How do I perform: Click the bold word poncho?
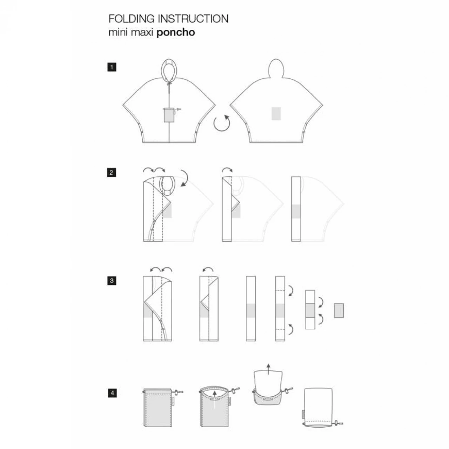(x=175, y=33)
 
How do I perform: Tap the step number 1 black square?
(x=112, y=67)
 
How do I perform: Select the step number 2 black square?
(x=112, y=173)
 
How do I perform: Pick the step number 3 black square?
(x=112, y=281)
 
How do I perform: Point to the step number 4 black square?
(x=112, y=393)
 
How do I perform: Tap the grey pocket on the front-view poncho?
(x=169, y=115)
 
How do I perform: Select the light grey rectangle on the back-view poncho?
(x=276, y=114)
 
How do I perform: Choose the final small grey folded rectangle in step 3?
(x=339, y=311)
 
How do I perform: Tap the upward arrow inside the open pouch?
(x=214, y=398)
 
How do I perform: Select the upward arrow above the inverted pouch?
(x=268, y=369)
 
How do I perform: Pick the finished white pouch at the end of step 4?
(x=318, y=406)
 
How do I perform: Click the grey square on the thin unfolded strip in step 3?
(x=251, y=311)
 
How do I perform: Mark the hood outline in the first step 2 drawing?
(x=168, y=185)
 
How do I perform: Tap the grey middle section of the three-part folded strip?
(x=310, y=310)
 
